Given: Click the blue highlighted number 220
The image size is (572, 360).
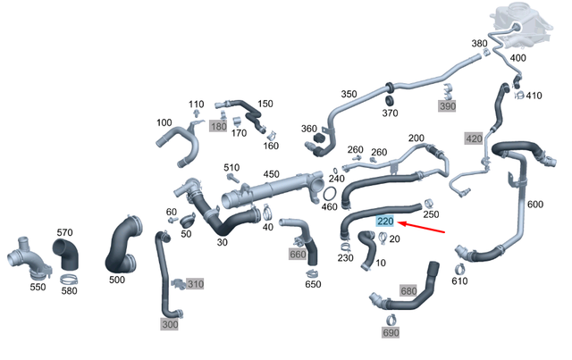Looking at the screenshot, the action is [x=385, y=221].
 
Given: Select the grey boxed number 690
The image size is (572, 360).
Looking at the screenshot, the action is [x=391, y=331].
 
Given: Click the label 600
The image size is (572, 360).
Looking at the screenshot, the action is [x=534, y=205].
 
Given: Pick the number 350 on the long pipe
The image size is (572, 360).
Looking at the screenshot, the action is [x=349, y=93].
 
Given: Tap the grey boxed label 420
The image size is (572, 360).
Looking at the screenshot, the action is [x=474, y=138].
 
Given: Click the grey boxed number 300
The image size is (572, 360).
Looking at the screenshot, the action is [x=171, y=325].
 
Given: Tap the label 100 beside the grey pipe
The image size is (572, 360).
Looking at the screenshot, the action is [x=164, y=122].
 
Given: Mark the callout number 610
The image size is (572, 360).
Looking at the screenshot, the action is [x=459, y=281].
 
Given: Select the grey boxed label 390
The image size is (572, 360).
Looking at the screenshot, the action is [x=446, y=105].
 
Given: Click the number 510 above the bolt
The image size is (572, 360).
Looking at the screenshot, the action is [x=231, y=167].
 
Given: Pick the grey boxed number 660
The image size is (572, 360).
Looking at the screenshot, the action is [x=298, y=254].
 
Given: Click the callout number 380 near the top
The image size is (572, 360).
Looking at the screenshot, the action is [x=480, y=43].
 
